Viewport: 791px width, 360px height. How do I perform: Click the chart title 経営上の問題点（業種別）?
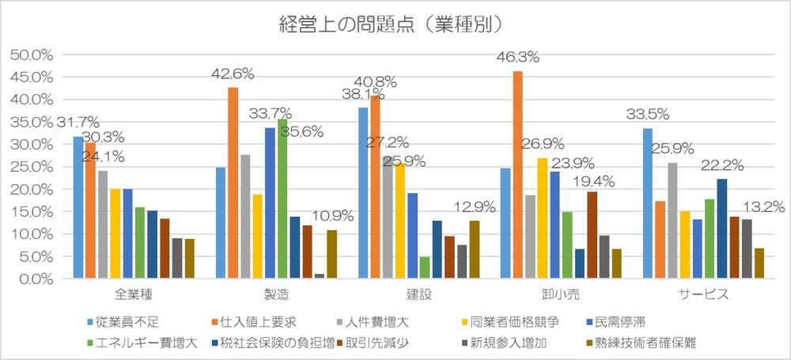[x=391, y=25]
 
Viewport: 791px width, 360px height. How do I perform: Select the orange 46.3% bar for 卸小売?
[x=517, y=175]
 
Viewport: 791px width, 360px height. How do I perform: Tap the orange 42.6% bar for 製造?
[x=233, y=183]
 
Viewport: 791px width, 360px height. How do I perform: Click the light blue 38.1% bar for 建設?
[x=363, y=193]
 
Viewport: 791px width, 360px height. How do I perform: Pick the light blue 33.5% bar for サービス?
[x=648, y=203]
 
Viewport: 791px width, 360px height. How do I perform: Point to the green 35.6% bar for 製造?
[x=282, y=199]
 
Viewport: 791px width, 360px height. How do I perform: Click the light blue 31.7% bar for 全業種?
[x=78, y=207]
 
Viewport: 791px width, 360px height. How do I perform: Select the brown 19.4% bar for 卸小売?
[x=592, y=235]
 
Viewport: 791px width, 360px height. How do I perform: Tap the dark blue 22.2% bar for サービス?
[x=721, y=229]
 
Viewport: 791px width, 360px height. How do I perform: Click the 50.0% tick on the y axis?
[x=32, y=55]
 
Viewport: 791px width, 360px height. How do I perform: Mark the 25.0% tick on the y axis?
[x=32, y=167]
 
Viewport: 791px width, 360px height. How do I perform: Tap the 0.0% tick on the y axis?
[x=36, y=279]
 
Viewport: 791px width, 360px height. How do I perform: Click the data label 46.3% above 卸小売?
[x=517, y=57]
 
